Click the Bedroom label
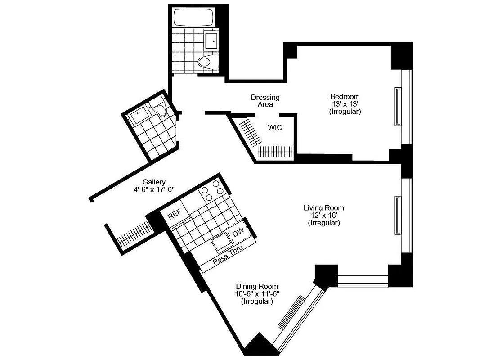[x=345, y=96]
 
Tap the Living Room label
[x=323, y=207]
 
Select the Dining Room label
[x=257, y=286]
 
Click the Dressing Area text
[x=265, y=101]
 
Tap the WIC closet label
[x=275, y=127]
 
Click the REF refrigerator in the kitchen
[x=174, y=216]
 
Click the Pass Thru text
[x=228, y=255]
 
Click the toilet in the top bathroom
[x=205, y=62]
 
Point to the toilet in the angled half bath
[x=162, y=110]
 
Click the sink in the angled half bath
[x=139, y=114]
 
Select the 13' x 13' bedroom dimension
[x=345, y=104]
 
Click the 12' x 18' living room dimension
[x=323, y=215]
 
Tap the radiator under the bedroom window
[x=398, y=107]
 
